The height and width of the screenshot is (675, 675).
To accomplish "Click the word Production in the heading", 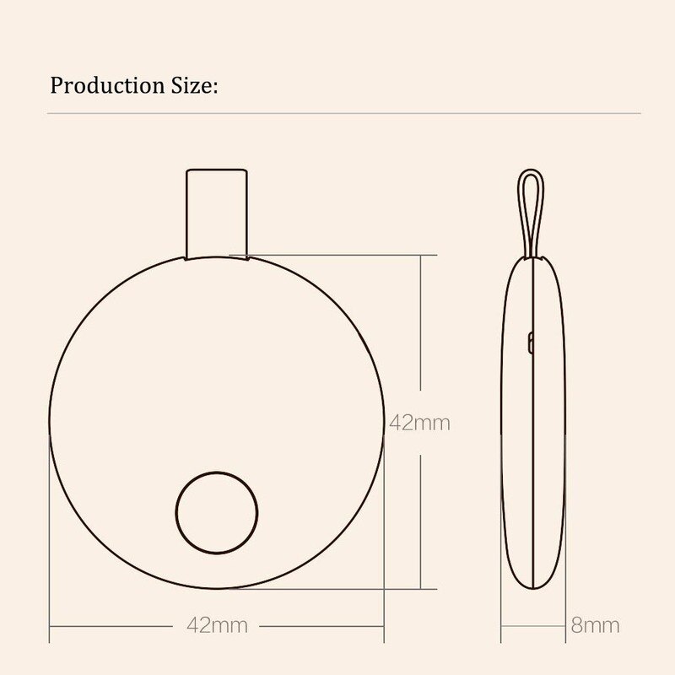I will pyautogui.click(x=100, y=85).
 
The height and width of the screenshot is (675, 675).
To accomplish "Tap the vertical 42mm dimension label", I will pyautogui.click(x=419, y=423).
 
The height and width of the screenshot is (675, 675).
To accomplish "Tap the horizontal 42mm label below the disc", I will pyautogui.click(x=217, y=625).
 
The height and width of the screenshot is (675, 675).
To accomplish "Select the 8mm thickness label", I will pyautogui.click(x=596, y=625).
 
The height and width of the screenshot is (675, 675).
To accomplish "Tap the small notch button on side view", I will pyautogui.click(x=530, y=342).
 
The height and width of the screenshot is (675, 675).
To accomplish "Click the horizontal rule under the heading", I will pyautogui.click(x=337, y=112).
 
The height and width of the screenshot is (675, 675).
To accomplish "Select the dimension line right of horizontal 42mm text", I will pyautogui.click(x=321, y=626).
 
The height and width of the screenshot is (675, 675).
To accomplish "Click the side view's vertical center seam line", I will pyautogui.click(x=533, y=422).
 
